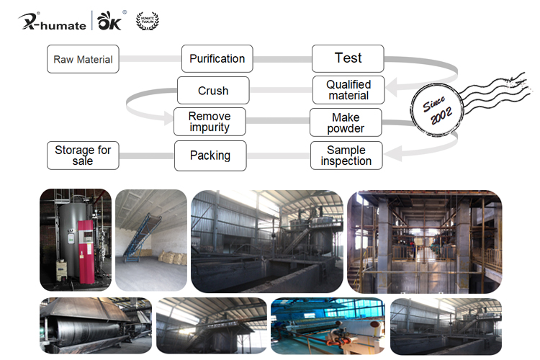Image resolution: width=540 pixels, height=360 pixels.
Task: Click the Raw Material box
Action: pyautogui.click(x=83, y=59)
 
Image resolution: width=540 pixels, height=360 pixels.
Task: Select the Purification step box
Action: pyautogui.click(x=217, y=58)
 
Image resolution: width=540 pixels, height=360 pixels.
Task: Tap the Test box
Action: pyautogui.click(x=348, y=58)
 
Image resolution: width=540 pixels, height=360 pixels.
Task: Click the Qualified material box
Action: pyautogui.click(x=348, y=90)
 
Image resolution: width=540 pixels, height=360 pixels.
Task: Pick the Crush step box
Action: pyautogui.click(x=213, y=91)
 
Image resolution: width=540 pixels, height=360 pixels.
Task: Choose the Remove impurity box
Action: pyautogui.click(x=210, y=122)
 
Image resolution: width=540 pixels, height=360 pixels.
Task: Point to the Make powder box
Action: pyautogui.click(x=346, y=122)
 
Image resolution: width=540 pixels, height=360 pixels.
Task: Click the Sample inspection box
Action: pyautogui.click(x=346, y=156)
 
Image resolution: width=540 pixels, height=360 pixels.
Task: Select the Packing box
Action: pyautogui.click(x=210, y=155)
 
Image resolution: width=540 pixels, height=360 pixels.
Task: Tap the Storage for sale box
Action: pyautogui.click(x=83, y=156)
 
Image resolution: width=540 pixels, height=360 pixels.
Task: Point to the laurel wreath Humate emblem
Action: pyautogui.click(x=148, y=21)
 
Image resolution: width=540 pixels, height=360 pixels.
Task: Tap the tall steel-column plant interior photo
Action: pyautogui.click(x=424, y=240)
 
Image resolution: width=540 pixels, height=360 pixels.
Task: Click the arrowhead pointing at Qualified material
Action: pyautogui.click(x=390, y=90)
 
